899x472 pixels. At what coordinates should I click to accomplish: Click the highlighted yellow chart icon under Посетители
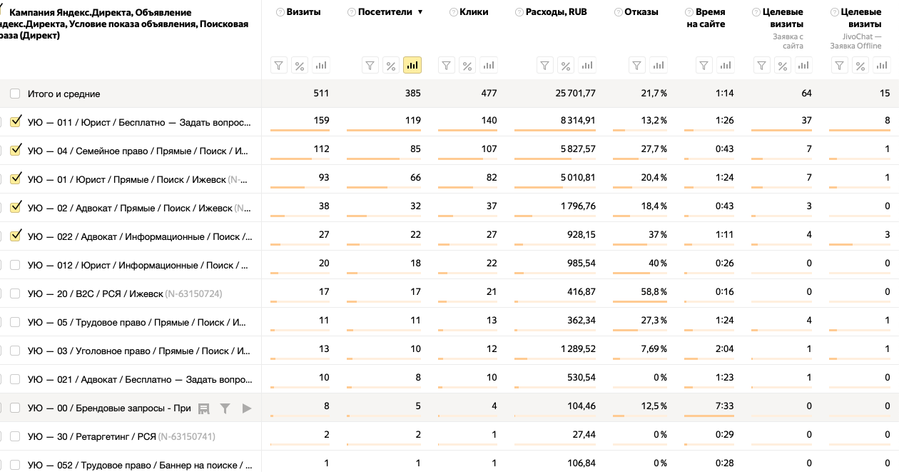412,66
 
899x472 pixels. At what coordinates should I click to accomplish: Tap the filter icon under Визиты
278,66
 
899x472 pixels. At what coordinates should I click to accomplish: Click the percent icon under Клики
467,66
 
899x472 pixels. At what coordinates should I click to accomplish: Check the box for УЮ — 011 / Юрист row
15,122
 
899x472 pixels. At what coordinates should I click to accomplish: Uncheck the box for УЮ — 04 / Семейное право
15,151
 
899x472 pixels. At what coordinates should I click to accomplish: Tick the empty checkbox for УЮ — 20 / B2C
15,293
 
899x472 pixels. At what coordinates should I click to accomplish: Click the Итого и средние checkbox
15,94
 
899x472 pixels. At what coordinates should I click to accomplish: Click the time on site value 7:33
724,406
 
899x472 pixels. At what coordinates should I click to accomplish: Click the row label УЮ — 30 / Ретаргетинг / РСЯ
91,436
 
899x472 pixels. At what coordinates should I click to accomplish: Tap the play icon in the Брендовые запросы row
247,408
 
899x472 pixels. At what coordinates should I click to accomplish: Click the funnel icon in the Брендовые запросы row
225,408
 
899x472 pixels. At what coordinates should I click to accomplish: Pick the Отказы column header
641,12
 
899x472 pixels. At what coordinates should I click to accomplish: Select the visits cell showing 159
321,121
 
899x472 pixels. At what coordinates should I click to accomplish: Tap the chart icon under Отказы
659,66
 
